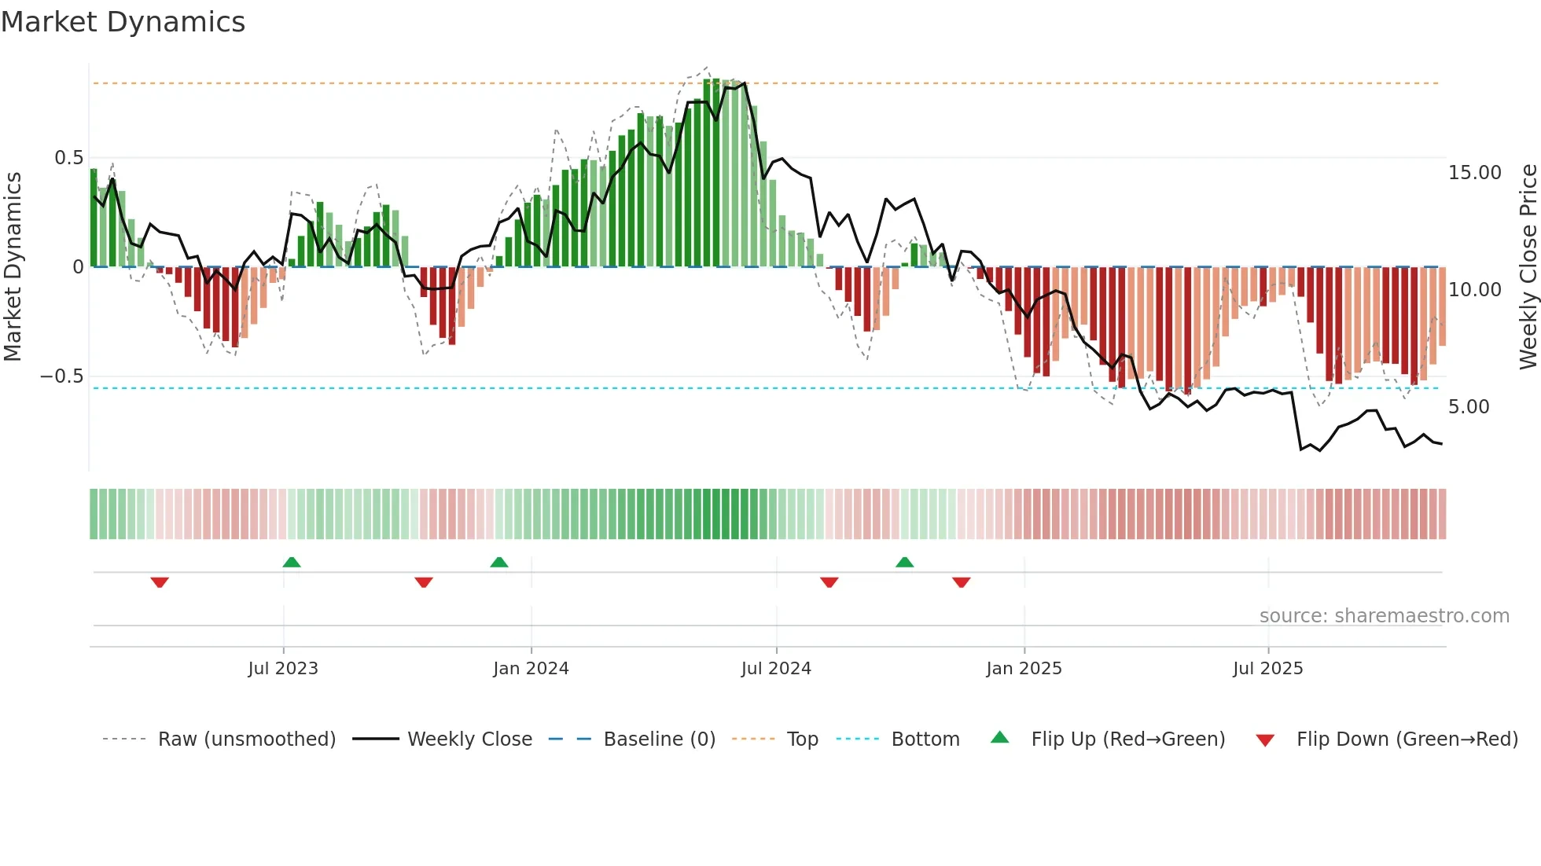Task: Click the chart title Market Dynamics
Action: point(123,22)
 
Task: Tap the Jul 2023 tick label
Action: point(283,669)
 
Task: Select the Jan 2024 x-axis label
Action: point(531,669)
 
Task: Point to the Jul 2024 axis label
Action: point(776,669)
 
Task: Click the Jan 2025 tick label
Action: point(1024,669)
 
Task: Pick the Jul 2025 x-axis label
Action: point(1268,669)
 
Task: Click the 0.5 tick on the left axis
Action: point(68,158)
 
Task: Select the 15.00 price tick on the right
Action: point(1474,173)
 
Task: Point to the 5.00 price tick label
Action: point(1469,407)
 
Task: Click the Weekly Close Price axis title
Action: point(1528,266)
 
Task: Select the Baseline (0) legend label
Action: point(659,739)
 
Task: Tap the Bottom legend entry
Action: point(925,739)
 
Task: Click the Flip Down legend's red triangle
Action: point(1265,740)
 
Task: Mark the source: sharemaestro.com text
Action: point(1384,616)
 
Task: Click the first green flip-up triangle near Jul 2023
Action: point(292,562)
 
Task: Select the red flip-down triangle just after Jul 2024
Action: point(829,582)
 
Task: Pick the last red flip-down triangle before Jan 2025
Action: point(962,582)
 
